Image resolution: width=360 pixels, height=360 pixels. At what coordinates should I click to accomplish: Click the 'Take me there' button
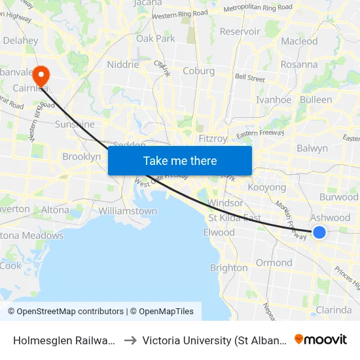180,160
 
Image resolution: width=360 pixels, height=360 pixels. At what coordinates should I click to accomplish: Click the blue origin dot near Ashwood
319,232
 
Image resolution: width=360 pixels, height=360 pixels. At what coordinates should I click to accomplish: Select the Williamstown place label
128,211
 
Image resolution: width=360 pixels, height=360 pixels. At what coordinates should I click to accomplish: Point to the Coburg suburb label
199,71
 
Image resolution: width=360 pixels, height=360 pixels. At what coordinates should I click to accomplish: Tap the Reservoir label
240,31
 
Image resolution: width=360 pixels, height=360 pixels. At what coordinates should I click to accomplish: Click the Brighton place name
228,268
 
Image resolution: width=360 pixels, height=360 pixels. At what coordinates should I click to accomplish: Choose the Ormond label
274,262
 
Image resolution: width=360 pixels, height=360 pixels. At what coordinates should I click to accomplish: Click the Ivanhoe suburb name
274,99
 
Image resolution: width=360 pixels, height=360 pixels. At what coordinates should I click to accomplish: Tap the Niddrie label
123,65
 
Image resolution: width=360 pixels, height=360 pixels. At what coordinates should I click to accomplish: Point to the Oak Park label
156,39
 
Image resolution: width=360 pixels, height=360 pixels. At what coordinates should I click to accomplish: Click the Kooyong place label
268,187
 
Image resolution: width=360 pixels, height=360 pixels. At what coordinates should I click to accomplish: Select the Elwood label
219,232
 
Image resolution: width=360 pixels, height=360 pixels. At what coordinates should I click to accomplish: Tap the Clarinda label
334,310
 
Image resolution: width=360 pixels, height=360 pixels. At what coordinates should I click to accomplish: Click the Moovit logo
321,340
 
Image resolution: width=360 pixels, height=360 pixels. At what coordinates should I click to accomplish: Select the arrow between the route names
130,340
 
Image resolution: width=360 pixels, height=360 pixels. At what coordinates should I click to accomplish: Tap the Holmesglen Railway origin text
65,340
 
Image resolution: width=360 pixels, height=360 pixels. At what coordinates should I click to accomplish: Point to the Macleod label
299,41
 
